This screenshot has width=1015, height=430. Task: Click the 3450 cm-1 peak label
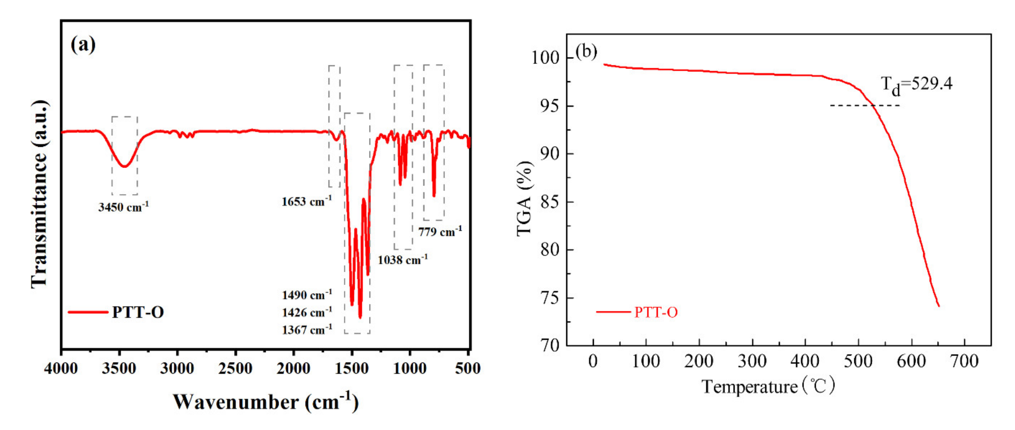pos(123,207)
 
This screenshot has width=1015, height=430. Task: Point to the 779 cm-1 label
pos(440,232)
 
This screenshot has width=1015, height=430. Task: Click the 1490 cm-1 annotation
pos(307,295)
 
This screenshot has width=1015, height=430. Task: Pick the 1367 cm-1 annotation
pos(307,329)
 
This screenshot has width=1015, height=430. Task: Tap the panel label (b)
pos(586,52)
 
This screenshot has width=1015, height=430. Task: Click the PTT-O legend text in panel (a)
pos(138,312)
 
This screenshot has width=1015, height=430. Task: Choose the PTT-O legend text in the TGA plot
pos(656,312)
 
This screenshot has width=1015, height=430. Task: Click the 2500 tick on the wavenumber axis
pos(235,368)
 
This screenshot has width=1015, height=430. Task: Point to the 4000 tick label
pos(61,368)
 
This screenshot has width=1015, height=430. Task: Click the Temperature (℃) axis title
pos(768,386)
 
